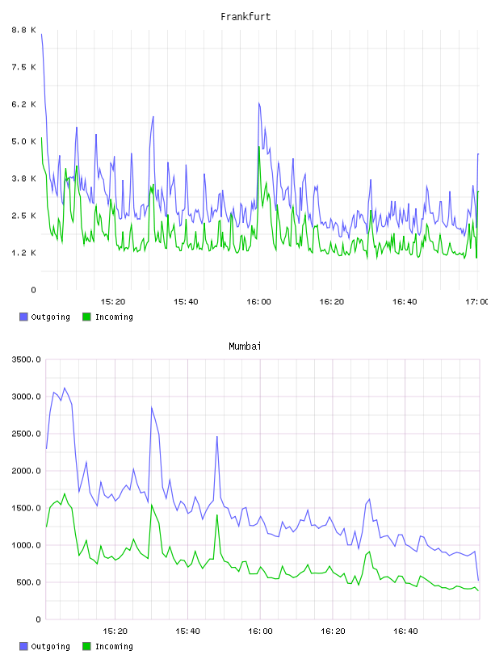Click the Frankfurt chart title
(x=245, y=17)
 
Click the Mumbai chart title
(x=245, y=346)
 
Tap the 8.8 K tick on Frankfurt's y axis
(x=23, y=30)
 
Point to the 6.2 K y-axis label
(x=23, y=104)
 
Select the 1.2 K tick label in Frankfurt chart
(x=23, y=253)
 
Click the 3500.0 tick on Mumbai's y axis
(x=26, y=359)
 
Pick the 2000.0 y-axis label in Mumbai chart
(x=26, y=471)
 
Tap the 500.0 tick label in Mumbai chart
(x=28, y=582)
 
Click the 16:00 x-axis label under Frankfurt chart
(x=258, y=301)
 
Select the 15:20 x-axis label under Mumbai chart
(x=115, y=631)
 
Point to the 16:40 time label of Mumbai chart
(x=405, y=631)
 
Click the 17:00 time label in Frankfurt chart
(x=476, y=301)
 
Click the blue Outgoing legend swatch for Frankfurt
(x=23, y=317)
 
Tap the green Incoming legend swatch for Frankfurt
(x=86, y=317)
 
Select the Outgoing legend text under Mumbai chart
(x=50, y=646)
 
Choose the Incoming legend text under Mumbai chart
(x=114, y=646)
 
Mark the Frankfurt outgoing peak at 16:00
(x=259, y=103)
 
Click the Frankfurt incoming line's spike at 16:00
(x=259, y=147)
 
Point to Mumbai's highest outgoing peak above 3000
(x=65, y=388)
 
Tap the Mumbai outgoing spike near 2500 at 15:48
(x=217, y=437)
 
